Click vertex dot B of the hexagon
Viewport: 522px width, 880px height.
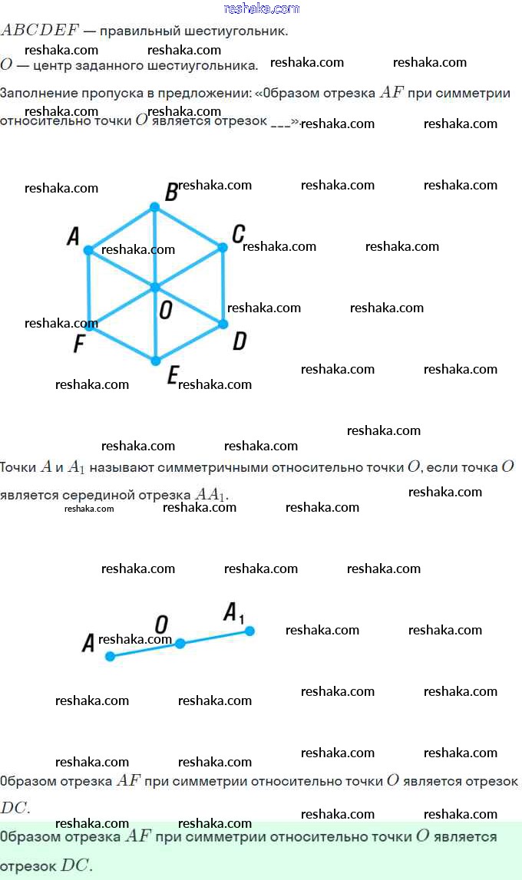pyautogui.click(x=154, y=207)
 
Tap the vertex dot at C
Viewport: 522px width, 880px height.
pyautogui.click(x=223, y=247)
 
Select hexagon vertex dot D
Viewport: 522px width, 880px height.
pyautogui.click(x=223, y=324)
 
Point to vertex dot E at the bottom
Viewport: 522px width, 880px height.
pyautogui.click(x=155, y=361)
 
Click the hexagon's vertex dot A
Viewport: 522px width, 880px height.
pyautogui.click(x=88, y=250)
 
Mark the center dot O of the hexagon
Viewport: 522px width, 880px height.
pyautogui.click(x=154, y=287)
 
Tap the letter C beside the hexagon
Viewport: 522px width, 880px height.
pyautogui.click(x=239, y=233)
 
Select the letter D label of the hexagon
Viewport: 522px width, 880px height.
pyautogui.click(x=240, y=341)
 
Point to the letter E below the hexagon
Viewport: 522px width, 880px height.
pyautogui.click(x=173, y=376)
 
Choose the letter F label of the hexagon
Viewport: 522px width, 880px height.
pyautogui.click(x=78, y=344)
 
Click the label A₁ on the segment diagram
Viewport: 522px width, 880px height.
pyautogui.click(x=233, y=612)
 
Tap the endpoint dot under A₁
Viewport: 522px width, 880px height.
pyautogui.click(x=249, y=631)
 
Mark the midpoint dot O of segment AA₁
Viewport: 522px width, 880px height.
pyautogui.click(x=180, y=644)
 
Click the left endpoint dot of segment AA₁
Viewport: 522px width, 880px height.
pyautogui.click(x=110, y=656)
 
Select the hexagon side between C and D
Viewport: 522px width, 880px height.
pyautogui.click(x=223, y=285)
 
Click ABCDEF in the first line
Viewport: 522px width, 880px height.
pyautogui.click(x=40, y=31)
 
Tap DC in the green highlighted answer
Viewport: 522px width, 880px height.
pyautogui.click(x=76, y=865)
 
